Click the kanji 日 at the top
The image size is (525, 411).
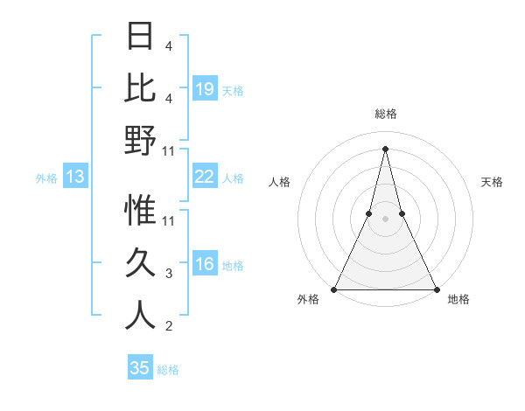point(140,37)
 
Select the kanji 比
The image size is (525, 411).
point(140,87)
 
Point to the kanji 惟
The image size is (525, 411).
point(140,210)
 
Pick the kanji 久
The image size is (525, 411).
point(140,262)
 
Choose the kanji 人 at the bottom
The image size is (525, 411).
point(140,315)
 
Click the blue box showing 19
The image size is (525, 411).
point(205,89)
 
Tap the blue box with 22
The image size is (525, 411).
point(205,178)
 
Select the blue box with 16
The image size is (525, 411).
point(205,265)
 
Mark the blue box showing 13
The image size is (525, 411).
point(74,178)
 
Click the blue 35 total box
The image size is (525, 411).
point(140,368)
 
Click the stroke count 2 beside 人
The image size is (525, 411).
point(169,327)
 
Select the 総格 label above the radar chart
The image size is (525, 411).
point(385,115)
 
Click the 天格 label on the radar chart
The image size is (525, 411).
point(492,182)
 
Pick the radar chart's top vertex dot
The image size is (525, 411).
point(385,149)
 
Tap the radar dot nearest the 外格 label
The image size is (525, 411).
point(334,289)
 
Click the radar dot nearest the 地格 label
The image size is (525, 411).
point(436,289)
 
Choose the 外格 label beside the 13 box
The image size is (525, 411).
point(46,178)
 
